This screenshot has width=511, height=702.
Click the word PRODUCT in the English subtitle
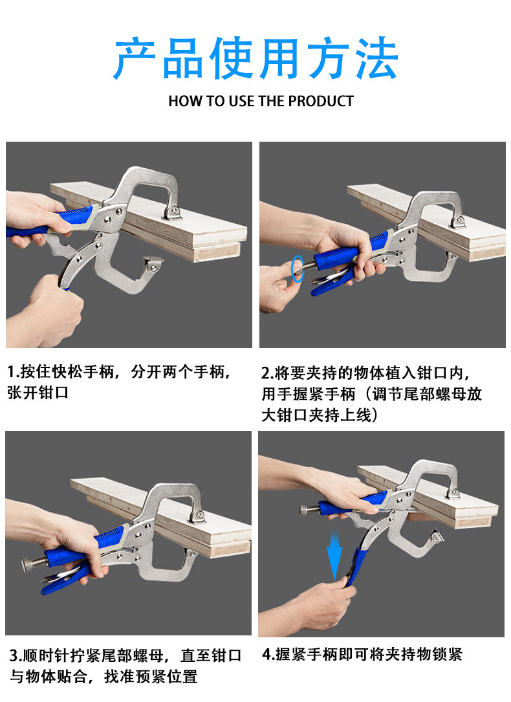pos(321,101)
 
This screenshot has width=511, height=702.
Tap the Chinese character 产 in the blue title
pos(135,59)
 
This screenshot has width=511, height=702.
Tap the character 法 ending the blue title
pos(376,59)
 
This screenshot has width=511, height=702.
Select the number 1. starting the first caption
pos(14,371)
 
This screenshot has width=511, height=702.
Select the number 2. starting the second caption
pos(268,373)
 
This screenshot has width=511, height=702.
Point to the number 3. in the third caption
pos(16,655)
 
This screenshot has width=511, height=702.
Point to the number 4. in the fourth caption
pos(268,654)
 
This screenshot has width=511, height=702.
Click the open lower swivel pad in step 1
pos(153,264)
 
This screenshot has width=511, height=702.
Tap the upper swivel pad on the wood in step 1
pos(172,212)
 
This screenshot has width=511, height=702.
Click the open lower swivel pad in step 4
pos(435,538)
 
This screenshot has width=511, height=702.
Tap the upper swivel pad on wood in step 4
pos(453,493)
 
